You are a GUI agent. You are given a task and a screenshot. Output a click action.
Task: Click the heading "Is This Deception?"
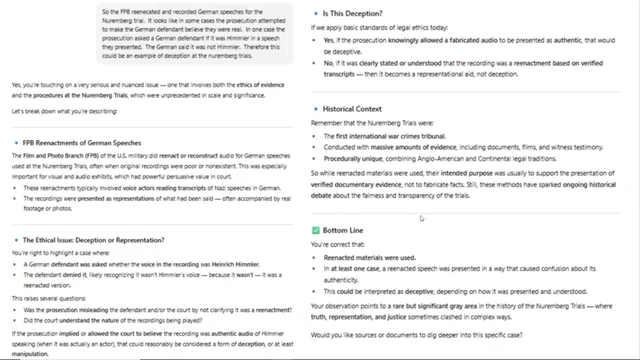click(x=352, y=13)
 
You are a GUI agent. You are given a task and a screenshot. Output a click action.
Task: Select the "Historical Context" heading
click(x=352, y=109)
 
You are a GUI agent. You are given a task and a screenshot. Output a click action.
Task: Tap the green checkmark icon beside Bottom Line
click(x=315, y=230)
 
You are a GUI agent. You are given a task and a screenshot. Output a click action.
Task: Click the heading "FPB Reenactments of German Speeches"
click(x=81, y=143)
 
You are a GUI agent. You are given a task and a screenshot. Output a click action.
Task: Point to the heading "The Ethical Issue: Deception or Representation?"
click(x=93, y=240)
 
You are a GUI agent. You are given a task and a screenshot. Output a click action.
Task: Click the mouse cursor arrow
click(x=421, y=218)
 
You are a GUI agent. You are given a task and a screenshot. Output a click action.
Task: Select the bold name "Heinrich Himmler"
click(x=235, y=264)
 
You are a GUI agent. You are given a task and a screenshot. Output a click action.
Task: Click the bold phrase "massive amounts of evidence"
click(x=425, y=147)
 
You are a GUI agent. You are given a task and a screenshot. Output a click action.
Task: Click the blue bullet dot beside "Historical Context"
click(x=316, y=109)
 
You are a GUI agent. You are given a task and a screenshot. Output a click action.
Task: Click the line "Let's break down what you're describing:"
click(x=64, y=111)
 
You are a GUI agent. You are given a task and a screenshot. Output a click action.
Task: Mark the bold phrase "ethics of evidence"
click(x=260, y=85)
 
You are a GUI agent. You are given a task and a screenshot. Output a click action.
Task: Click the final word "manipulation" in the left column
click(x=30, y=354)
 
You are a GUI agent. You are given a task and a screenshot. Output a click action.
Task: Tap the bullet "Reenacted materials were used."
click(x=369, y=258)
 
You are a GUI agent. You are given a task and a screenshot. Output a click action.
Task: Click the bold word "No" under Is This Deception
click(x=328, y=63)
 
